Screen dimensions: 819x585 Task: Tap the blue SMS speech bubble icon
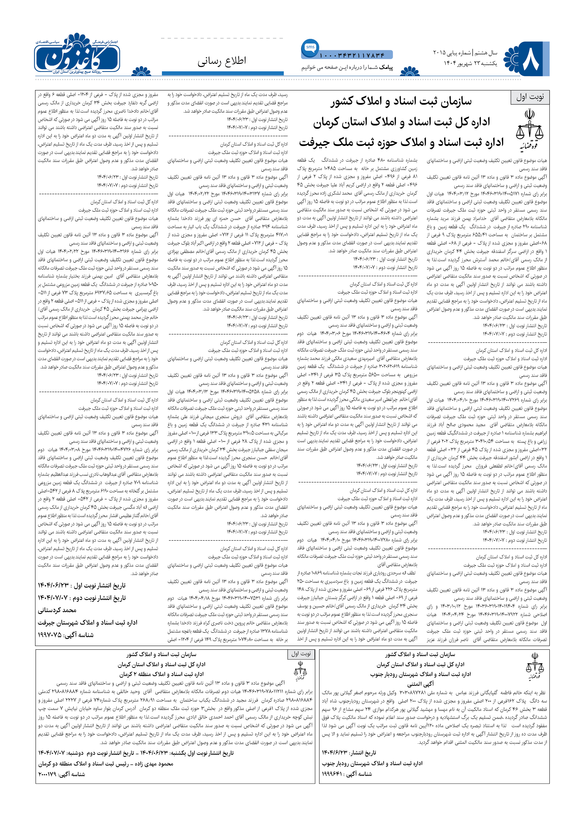tap(310, 48)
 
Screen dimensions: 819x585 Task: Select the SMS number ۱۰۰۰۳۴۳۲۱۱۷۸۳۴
tap(352, 56)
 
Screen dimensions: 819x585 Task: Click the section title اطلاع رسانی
tap(222, 61)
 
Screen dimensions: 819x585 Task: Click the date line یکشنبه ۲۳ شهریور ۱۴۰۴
tap(470, 63)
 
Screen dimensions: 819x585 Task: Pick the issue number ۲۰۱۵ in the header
tap(439, 53)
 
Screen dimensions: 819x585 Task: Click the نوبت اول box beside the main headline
tap(529, 97)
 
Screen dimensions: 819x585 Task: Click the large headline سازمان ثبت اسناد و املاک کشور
tap(401, 102)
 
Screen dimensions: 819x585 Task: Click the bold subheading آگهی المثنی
tap(420, 684)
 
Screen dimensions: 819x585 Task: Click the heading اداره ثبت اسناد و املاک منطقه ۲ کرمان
tap(161, 674)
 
